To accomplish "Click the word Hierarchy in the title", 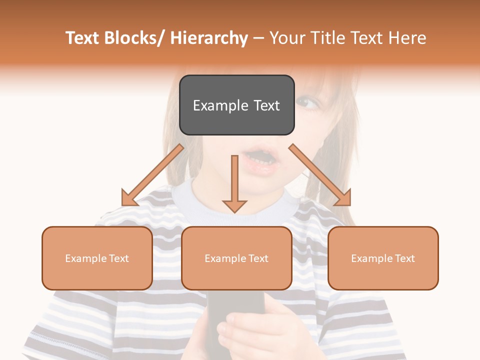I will (209, 38).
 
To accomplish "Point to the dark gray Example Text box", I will (236, 105).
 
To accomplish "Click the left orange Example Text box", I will (97, 258).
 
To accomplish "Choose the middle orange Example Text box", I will (236, 258).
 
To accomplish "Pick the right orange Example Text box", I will (383, 258).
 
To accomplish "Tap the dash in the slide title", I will (258, 38).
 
